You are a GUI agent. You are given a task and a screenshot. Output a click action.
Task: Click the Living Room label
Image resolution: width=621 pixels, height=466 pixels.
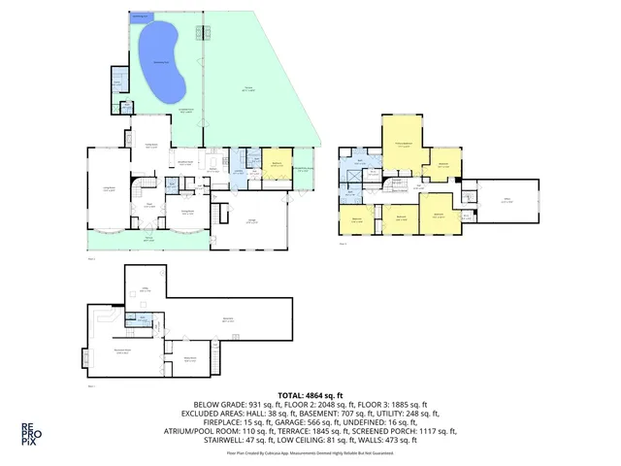109,191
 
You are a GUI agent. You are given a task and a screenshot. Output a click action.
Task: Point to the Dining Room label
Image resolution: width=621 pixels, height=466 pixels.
190,213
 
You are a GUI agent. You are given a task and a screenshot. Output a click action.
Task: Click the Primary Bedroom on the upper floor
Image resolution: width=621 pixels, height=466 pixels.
402,146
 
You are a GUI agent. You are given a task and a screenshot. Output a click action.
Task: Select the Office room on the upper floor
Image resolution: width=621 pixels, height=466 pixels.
506,202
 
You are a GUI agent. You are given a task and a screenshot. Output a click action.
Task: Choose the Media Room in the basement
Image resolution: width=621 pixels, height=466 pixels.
189,360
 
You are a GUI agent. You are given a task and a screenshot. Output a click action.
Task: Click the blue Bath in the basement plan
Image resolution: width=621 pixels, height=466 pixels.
143,319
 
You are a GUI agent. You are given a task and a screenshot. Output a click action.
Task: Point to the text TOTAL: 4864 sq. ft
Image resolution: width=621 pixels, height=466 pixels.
310,396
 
